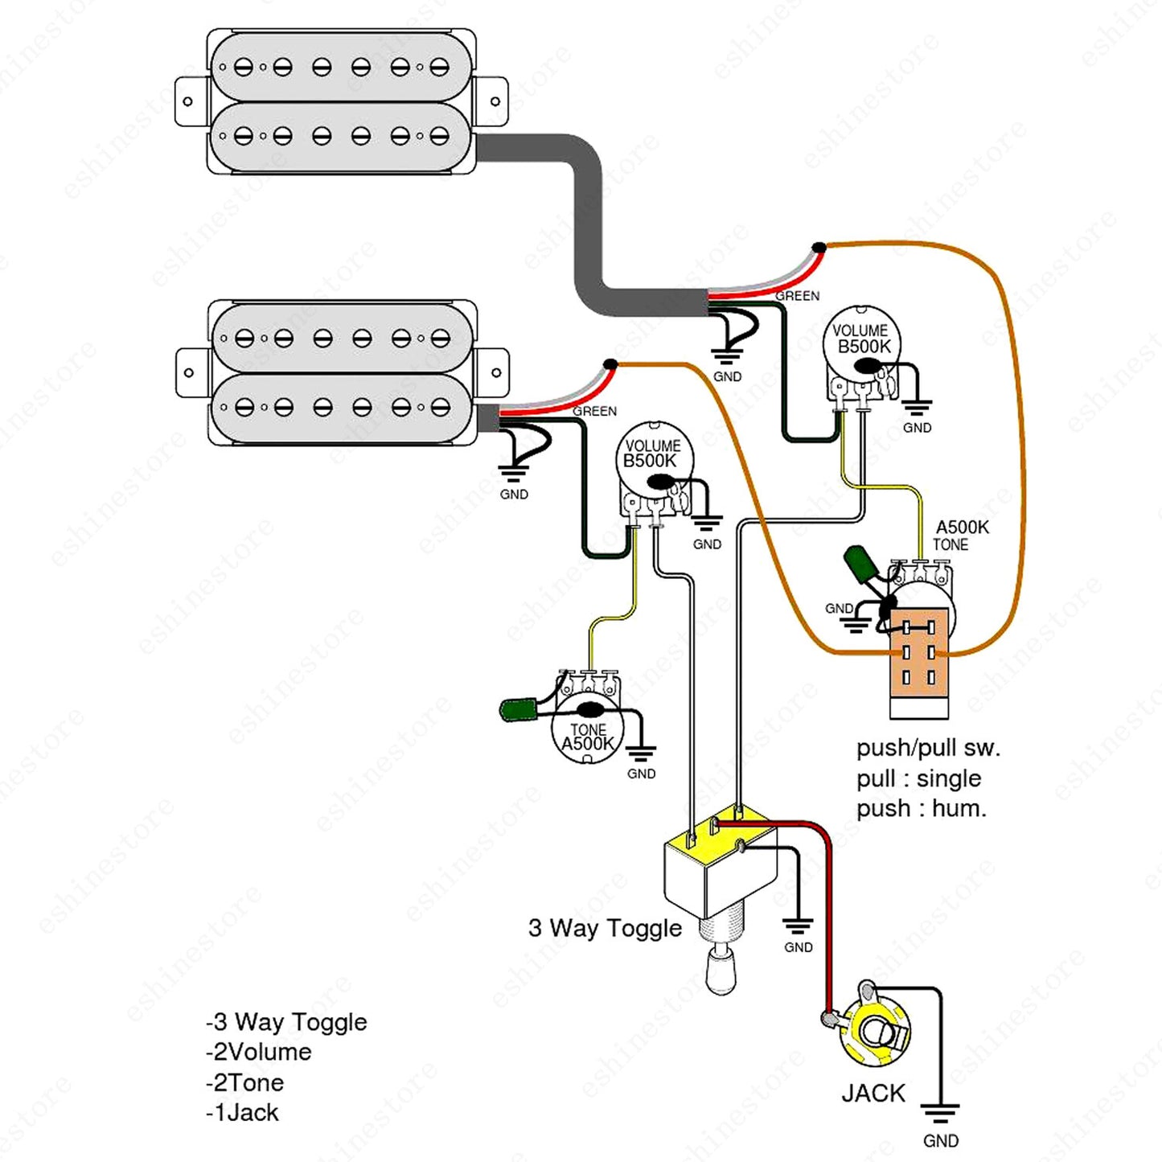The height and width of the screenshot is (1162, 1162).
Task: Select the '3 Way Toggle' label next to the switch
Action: pyautogui.click(x=605, y=927)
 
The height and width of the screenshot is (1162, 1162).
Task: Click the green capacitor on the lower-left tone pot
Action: pyautogui.click(x=518, y=710)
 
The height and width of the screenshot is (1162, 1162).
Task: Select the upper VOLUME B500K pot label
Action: pyautogui.click(x=861, y=339)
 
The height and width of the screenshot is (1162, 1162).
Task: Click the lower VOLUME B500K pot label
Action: pyautogui.click(x=652, y=454)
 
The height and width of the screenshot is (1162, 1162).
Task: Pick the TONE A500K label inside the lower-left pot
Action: pyautogui.click(x=588, y=737)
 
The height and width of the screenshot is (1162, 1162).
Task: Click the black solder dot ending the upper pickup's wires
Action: pyautogui.click(x=819, y=247)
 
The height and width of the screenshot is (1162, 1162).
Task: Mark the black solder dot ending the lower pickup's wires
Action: pyautogui.click(x=610, y=363)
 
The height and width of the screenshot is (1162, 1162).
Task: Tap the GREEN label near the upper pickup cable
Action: pyautogui.click(x=797, y=296)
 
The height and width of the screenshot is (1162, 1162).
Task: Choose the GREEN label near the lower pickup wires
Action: pyautogui.click(x=594, y=411)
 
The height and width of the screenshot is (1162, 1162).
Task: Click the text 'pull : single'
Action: pyautogui.click(x=919, y=779)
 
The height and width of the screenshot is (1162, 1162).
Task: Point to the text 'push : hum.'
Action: pyautogui.click(x=922, y=809)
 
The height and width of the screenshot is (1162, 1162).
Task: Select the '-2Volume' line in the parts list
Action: pyautogui.click(x=259, y=1052)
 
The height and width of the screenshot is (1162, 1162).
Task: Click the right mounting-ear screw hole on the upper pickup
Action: pyautogui.click(x=495, y=101)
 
